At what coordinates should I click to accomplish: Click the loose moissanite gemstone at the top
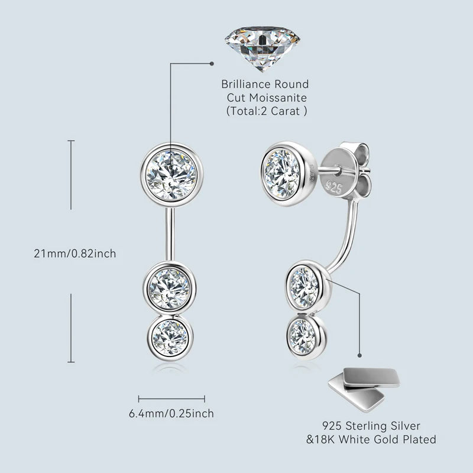(262, 48)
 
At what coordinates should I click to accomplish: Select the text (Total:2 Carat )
(267, 111)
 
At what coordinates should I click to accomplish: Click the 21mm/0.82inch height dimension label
(75, 254)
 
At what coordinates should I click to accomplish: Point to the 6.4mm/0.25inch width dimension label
(171, 413)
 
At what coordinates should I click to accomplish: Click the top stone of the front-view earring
(171, 174)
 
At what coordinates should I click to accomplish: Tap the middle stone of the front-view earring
(170, 289)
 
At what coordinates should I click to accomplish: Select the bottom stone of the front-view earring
(170, 338)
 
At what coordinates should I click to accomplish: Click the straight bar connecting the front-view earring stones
(170, 234)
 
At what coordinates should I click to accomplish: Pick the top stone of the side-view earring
(282, 174)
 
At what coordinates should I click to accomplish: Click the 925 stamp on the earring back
(334, 187)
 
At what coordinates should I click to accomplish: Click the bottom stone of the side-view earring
(306, 336)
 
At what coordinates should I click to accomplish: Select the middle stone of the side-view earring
(307, 287)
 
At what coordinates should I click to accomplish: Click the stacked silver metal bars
(364, 389)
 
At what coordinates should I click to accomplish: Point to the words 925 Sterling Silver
(371, 426)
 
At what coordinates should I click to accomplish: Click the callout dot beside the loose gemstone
(212, 64)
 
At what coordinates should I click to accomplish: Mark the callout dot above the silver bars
(359, 356)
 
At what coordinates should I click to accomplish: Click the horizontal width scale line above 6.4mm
(171, 399)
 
